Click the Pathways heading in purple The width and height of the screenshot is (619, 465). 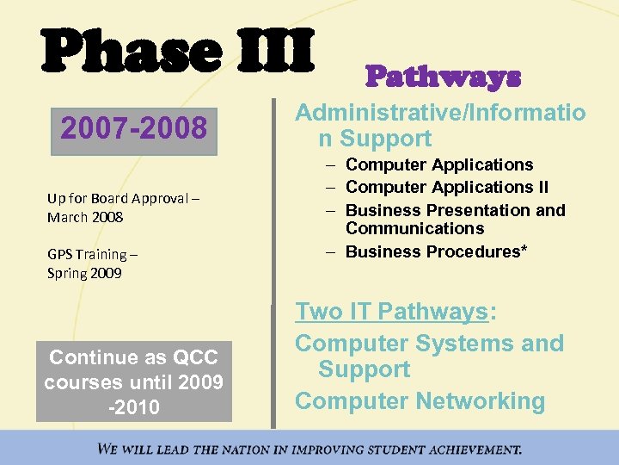tap(443, 77)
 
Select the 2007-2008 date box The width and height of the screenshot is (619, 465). tap(133, 129)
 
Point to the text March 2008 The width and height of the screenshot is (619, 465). tap(85, 217)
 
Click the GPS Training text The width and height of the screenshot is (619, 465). tap(92, 254)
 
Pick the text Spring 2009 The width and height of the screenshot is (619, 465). tap(84, 273)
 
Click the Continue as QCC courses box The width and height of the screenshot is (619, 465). tap(133, 381)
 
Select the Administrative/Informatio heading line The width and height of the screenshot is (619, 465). tap(440, 113)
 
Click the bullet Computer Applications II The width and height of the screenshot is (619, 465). tap(447, 187)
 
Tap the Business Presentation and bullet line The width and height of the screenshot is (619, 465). tap(455, 210)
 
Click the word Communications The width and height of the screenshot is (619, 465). tap(414, 228)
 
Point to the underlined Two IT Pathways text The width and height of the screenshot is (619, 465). tap(391, 312)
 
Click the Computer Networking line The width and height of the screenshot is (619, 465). tap(420, 401)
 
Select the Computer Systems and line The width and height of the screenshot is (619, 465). tap(429, 343)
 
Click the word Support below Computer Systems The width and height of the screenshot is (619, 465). tap(364, 369)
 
